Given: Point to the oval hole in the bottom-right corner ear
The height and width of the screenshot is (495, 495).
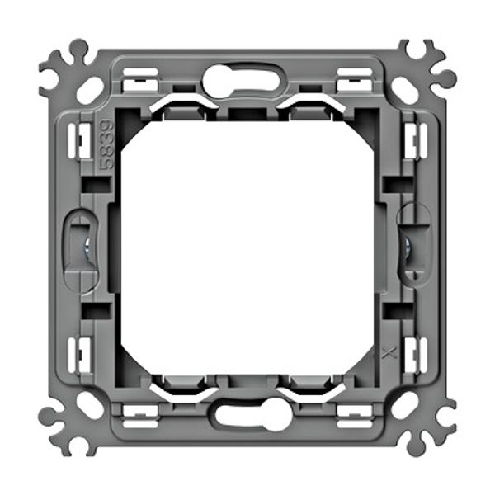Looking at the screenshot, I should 405,405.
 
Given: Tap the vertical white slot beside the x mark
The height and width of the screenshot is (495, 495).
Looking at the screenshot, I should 413,354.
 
